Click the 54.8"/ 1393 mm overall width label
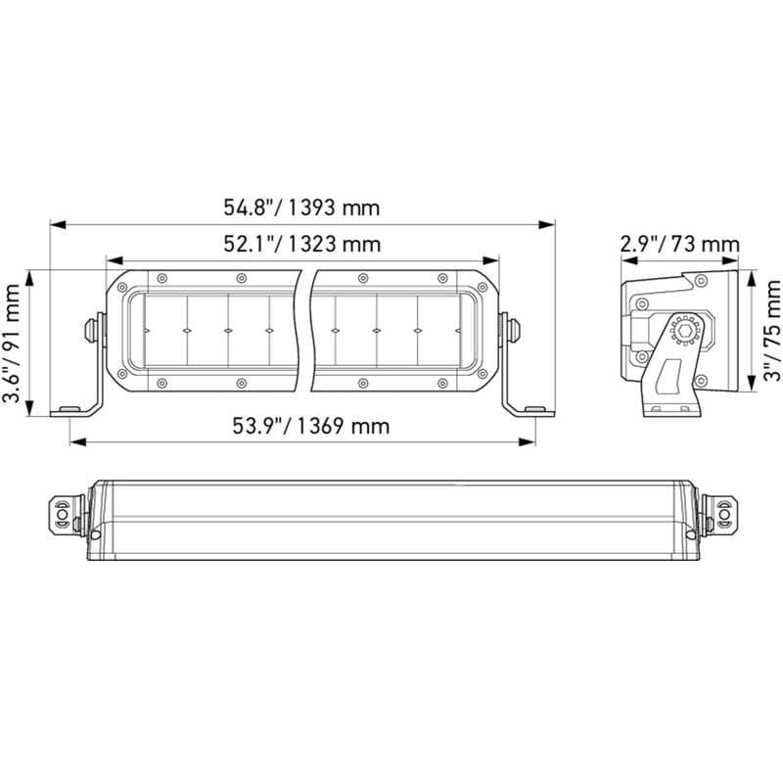coord(301,207)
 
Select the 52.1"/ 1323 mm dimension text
coord(301,245)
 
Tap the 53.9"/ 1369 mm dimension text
coord(310,426)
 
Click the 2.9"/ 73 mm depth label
coord(679,244)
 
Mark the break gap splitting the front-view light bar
coord(303,328)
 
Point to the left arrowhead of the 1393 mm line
coord(55,224)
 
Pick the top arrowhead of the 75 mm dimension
coord(751,275)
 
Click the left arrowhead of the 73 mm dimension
coord(625,261)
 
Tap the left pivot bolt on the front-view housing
coord(95,328)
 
